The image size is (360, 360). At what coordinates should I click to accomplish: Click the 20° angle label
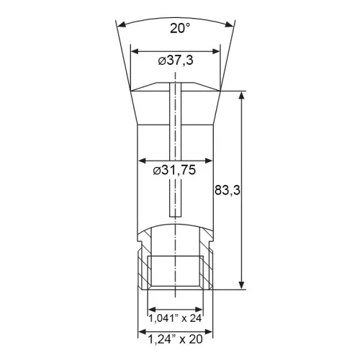click(x=180, y=28)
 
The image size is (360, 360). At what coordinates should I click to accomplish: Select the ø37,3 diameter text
click(x=176, y=60)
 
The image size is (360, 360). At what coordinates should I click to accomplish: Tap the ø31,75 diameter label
click(x=174, y=170)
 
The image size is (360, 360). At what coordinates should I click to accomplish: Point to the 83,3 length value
click(x=228, y=191)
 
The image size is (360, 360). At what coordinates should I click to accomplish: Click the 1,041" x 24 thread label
click(x=175, y=318)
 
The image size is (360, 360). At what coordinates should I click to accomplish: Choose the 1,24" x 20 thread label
click(x=175, y=339)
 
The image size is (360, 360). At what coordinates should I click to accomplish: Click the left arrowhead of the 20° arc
click(x=123, y=24)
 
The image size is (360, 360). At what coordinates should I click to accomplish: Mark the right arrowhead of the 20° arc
click(x=229, y=24)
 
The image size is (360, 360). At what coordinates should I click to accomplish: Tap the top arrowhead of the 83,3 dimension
click(x=242, y=95)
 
